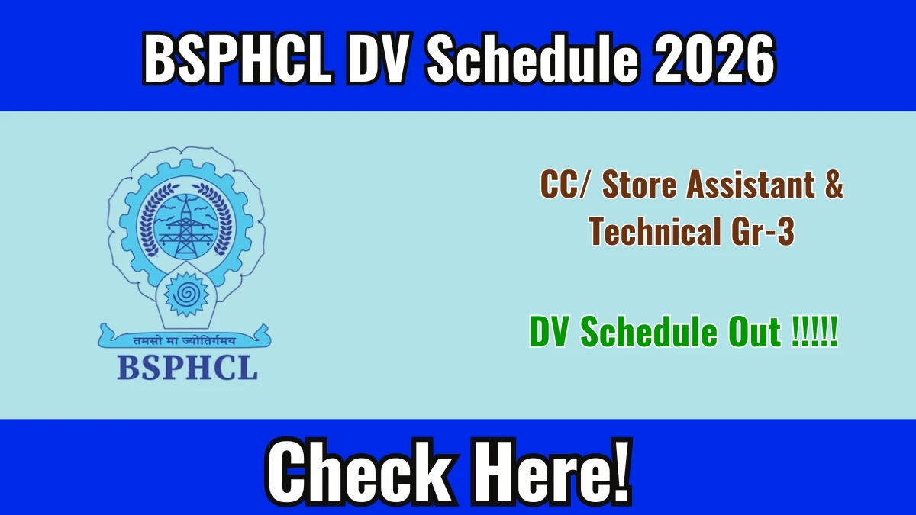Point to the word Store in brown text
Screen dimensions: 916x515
tap(640, 185)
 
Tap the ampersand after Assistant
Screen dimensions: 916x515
tap(834, 185)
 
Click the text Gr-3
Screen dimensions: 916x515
tap(763, 232)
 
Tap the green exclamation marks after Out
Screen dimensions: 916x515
tap(814, 332)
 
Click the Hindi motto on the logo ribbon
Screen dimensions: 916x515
tap(185, 340)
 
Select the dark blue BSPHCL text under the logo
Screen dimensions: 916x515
tap(187, 368)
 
